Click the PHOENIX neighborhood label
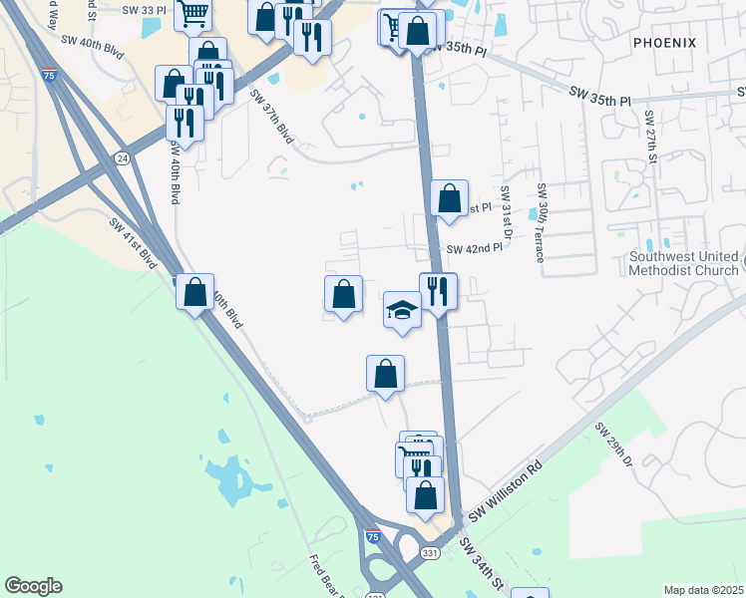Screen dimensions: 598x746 pos(663,42)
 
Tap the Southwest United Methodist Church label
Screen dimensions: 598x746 pos(684,262)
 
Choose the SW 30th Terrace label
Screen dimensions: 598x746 pos(542,222)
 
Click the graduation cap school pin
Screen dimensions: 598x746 pos(402,310)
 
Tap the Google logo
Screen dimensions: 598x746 pos(33,586)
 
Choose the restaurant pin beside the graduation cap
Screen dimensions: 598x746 pos(438,292)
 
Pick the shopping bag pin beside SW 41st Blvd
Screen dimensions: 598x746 pos(195,293)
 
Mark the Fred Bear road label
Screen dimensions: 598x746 pos(325,574)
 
